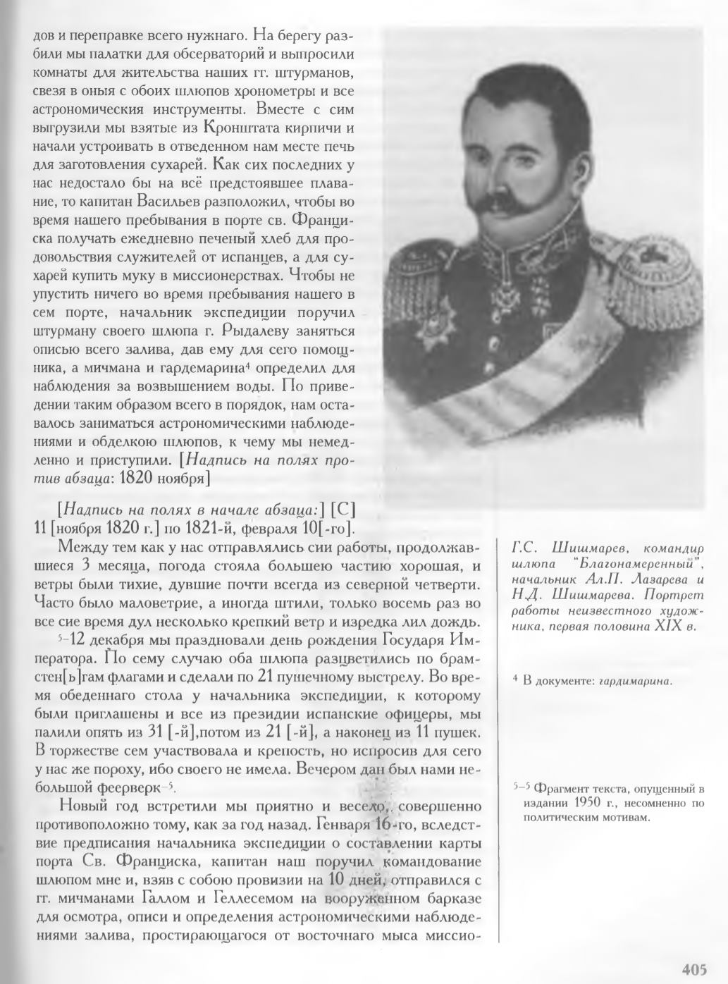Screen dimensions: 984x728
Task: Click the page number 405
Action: point(693,970)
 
